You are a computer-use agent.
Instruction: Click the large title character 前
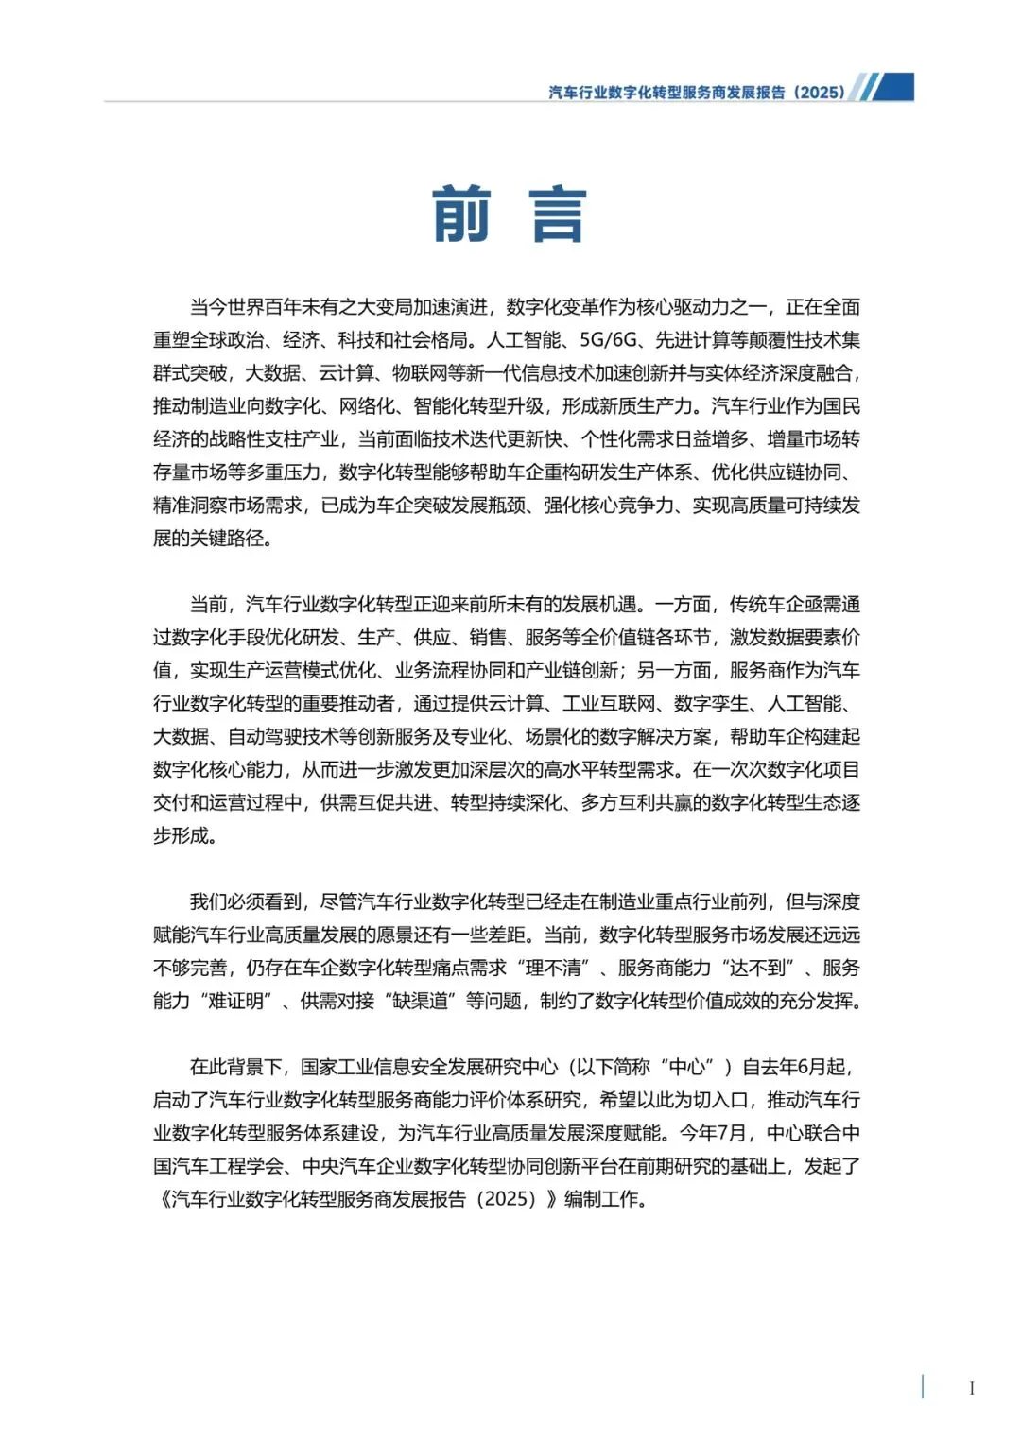[x=462, y=214]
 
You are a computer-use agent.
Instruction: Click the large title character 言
[x=559, y=214]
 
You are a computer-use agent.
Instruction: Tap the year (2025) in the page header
[x=819, y=92]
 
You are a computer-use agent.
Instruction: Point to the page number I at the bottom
[x=971, y=1388]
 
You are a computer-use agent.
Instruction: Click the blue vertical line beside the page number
[x=923, y=1386]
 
